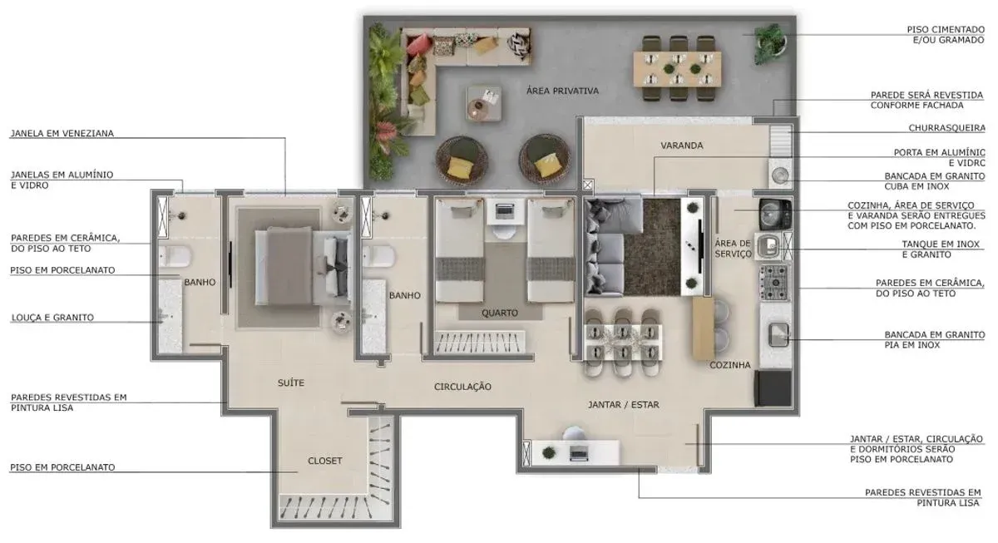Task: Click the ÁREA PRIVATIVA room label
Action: pos(562,91)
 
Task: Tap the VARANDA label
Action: pos(682,146)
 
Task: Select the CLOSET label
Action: pos(325,461)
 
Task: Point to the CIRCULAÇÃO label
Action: pos(462,387)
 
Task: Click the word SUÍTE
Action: pos(291,383)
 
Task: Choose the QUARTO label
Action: pos(500,313)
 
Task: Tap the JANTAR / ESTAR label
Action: pos(623,404)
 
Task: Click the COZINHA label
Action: pos(730,365)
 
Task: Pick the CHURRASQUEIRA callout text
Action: pos(946,128)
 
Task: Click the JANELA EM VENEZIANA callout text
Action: pos(62,133)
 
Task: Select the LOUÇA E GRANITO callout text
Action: pos(52,318)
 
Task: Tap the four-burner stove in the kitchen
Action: pos(774,283)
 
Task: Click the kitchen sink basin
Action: pos(778,335)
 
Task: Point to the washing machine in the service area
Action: pos(775,215)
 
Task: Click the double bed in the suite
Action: pos(303,266)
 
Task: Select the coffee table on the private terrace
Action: pos(484,104)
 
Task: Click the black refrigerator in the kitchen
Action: pos(773,388)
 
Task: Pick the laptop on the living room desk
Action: pos(578,453)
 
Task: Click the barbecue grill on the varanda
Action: pos(780,141)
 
